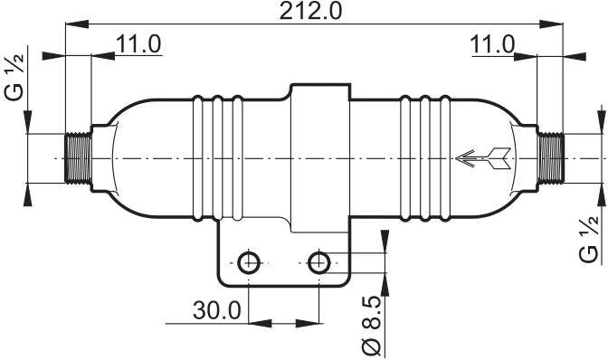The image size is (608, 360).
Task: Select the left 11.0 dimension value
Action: (138, 43)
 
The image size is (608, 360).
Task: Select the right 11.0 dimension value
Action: (492, 43)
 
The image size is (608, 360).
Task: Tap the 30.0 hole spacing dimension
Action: (216, 310)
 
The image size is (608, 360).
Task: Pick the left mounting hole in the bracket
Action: (248, 263)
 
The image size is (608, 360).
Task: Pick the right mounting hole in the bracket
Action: (318, 263)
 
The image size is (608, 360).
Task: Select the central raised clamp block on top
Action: (318, 99)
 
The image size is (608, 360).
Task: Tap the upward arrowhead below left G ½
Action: (28, 191)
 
